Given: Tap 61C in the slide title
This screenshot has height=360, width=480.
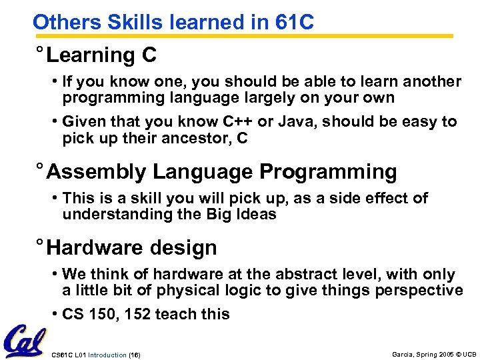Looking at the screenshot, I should click(x=293, y=22).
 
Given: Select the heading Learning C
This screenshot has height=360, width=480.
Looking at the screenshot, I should click(x=101, y=55).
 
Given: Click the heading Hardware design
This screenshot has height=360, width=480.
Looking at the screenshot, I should click(x=132, y=248).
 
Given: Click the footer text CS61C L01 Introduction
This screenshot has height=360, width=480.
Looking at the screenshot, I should click(x=88, y=353).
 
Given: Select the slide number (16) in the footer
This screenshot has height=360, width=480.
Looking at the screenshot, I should click(x=133, y=353).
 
